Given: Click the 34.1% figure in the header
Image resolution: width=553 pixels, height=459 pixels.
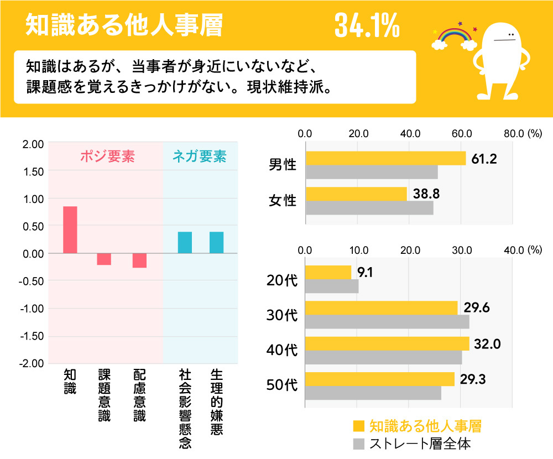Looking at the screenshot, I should (x=366, y=26).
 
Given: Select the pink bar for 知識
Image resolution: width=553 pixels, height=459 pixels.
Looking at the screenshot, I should (x=70, y=229).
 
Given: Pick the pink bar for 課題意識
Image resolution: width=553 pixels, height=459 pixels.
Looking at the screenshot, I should (x=104, y=259).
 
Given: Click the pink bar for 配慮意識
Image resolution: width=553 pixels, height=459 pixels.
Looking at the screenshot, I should (x=139, y=260).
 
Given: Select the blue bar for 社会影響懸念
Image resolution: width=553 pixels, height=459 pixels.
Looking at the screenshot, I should (x=185, y=242).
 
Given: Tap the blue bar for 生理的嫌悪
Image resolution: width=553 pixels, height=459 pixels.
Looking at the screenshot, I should (x=216, y=242).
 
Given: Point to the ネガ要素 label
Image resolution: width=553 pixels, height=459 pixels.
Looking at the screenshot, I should (x=199, y=157).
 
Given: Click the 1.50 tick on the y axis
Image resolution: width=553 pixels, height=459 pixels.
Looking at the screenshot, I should (x=33, y=171).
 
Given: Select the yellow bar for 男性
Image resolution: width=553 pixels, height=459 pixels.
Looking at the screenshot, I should (x=385, y=158).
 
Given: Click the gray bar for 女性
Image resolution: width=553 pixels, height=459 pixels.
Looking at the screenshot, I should (x=369, y=208).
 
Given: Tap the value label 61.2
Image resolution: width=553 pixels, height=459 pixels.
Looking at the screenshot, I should (x=484, y=159).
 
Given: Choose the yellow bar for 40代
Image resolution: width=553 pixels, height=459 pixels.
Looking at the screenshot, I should (x=387, y=343).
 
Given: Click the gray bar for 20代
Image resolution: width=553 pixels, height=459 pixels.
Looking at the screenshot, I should (x=331, y=286).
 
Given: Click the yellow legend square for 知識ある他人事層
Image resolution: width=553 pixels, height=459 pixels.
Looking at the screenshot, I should (x=359, y=426).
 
